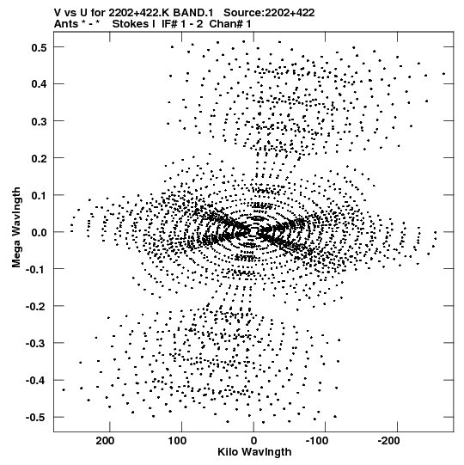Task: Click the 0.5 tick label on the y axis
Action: click(39, 47)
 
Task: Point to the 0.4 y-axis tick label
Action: click(39, 84)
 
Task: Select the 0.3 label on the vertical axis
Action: click(39, 121)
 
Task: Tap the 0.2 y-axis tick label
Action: click(39, 158)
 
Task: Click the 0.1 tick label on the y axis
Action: click(39, 195)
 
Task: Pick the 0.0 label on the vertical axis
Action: click(39, 232)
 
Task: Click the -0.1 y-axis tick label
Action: click(36, 269)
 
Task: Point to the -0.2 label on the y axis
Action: click(36, 306)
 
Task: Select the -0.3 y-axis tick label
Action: click(36, 344)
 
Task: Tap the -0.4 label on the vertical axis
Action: click(36, 381)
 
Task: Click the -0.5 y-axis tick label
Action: click(36, 418)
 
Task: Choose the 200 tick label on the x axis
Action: click(105, 441)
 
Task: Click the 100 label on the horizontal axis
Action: click(177, 441)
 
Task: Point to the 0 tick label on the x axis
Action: click(253, 441)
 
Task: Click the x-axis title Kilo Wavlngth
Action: click(254, 452)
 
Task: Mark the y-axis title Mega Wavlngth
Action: click(16, 228)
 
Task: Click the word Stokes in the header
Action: click(134, 24)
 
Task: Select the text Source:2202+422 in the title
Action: click(269, 13)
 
